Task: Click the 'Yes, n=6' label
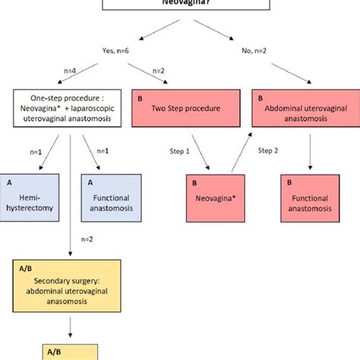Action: click(x=119, y=52)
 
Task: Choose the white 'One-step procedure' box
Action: click(x=69, y=108)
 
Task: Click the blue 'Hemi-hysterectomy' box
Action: click(x=31, y=191)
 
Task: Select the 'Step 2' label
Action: click(x=270, y=150)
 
